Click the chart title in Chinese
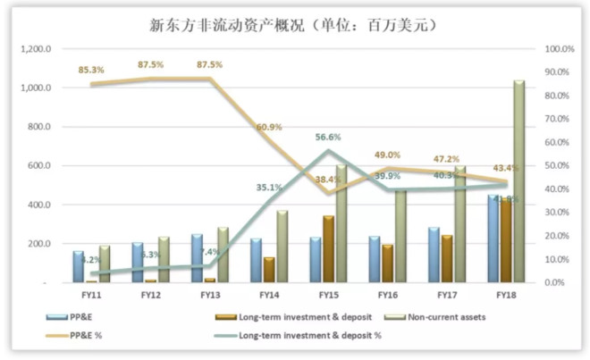point(294,25)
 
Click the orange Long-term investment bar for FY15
point(328,249)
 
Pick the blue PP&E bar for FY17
point(434,255)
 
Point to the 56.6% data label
point(329,137)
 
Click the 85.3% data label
point(90,69)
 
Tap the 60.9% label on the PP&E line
point(268,127)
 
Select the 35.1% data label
point(268,188)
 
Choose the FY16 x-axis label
point(387,294)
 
